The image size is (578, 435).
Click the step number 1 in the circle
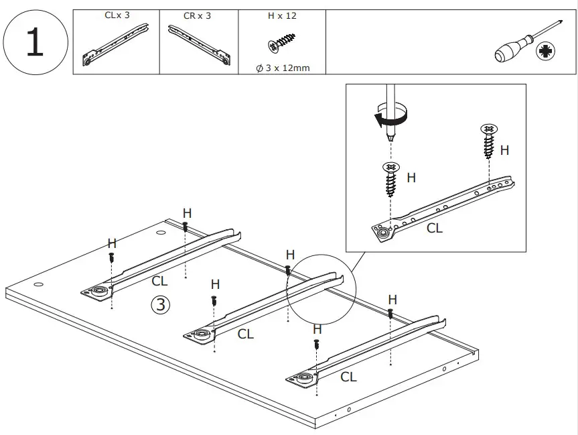click(35, 42)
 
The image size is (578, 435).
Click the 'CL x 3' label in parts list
click(117, 15)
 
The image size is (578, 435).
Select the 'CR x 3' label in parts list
click(197, 15)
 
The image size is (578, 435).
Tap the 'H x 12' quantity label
click(281, 15)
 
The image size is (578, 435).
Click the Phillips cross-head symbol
click(546, 52)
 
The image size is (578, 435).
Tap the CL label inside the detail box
click(435, 228)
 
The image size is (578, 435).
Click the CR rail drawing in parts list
click(199, 44)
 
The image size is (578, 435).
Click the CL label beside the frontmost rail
click(348, 377)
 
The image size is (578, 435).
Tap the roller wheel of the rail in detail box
click(386, 232)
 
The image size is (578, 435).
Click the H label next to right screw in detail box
click(504, 150)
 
